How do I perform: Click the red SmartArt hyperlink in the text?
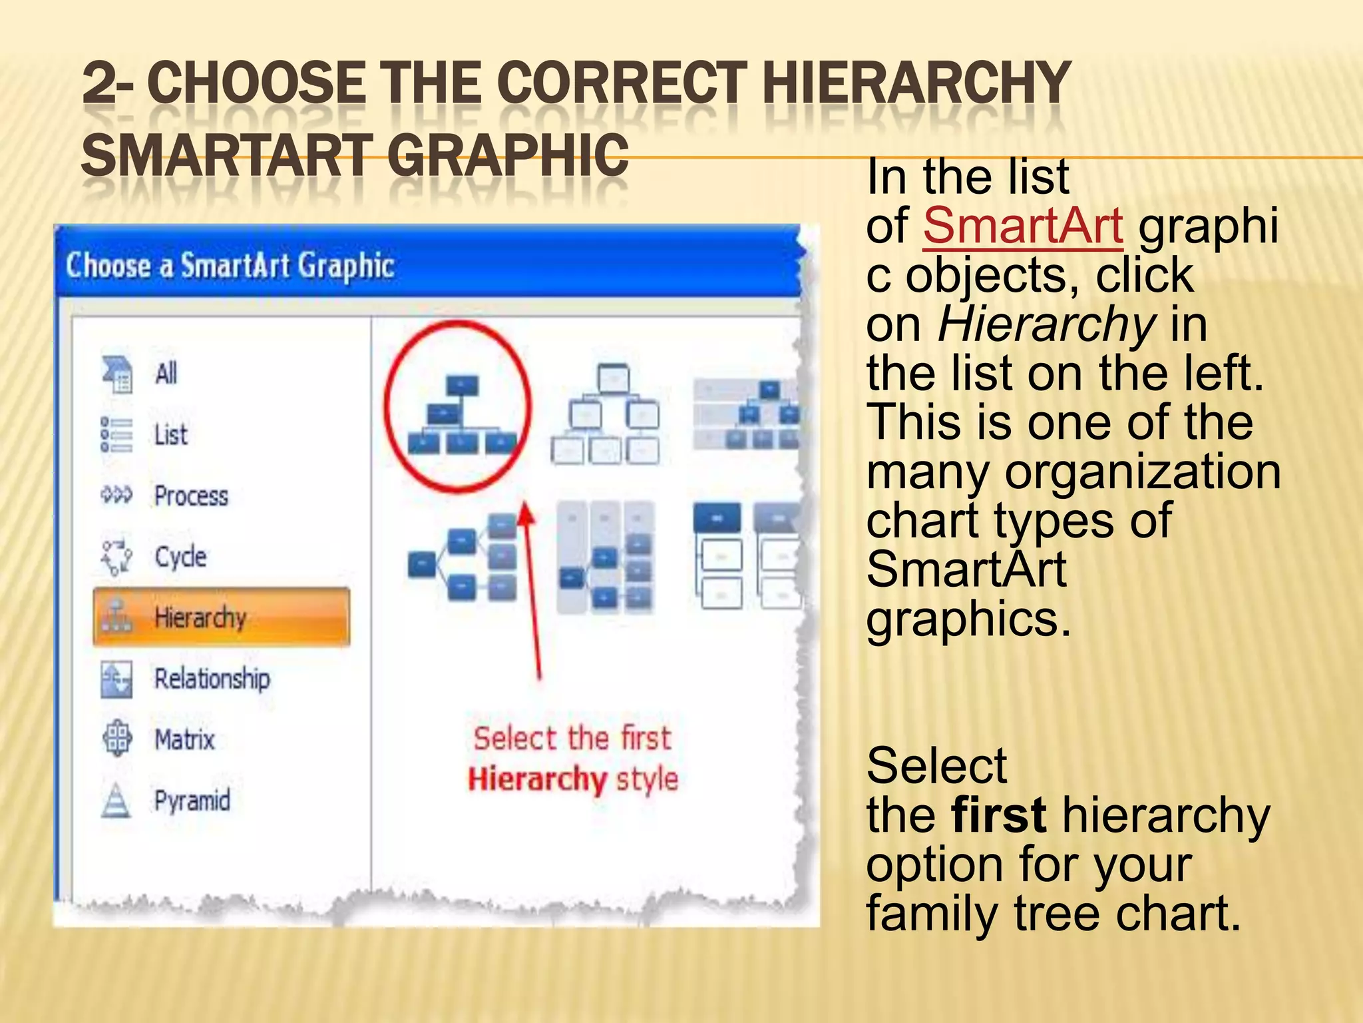coord(1022,226)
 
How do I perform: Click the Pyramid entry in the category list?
coord(192,801)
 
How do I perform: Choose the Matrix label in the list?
coord(184,740)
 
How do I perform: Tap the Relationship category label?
coord(212,679)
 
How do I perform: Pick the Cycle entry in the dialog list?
coord(180,557)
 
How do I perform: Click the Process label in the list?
coord(191,496)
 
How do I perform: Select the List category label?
coord(171,435)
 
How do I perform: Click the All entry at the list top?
coord(166,374)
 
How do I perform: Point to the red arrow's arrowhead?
coord(526,513)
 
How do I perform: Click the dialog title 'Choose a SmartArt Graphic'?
coord(230,266)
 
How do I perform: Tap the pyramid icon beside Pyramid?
coord(116,801)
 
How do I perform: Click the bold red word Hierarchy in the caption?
coord(536,779)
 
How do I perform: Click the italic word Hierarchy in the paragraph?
coord(1046,325)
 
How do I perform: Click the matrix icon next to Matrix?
coord(117,739)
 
